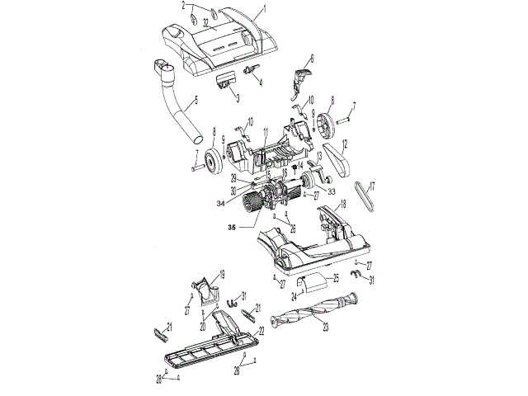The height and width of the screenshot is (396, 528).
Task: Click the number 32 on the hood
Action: pos(205,22)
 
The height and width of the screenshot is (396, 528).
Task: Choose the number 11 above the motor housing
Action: pos(265,132)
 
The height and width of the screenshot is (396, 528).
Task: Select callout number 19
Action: pos(221,274)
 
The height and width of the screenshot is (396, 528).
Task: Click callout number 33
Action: pos(331,191)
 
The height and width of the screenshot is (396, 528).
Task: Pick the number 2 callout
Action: pos(184,7)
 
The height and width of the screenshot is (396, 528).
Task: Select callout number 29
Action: pos(233,177)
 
